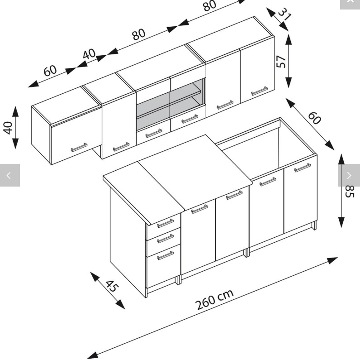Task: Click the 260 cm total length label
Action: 215,299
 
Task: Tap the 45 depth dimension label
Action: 112,286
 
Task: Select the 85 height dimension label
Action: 349,191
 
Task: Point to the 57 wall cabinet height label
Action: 281,61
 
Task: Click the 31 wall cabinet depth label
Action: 284,14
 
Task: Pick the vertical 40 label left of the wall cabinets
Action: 8,128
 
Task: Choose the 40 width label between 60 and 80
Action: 89,54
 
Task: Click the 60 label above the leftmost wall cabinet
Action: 50,71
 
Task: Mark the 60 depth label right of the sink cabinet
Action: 314,118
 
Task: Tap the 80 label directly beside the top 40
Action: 139,34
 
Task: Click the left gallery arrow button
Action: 9,175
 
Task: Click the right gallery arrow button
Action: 349,175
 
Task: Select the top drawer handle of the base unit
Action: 165,223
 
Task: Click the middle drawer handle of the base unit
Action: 165,238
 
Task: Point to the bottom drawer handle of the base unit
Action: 165,256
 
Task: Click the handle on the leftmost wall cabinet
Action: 79,148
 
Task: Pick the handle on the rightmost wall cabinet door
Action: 259,91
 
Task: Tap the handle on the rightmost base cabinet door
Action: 302,168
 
